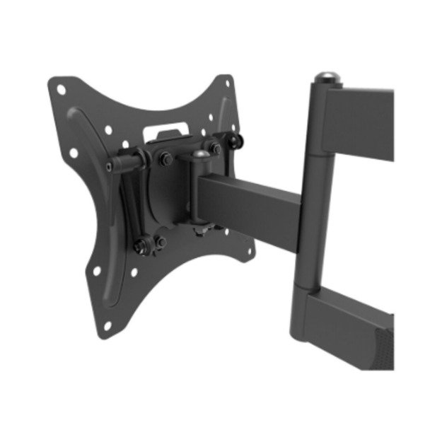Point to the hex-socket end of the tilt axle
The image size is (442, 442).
click(x=109, y=166)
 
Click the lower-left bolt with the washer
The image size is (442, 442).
click(x=141, y=245)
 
